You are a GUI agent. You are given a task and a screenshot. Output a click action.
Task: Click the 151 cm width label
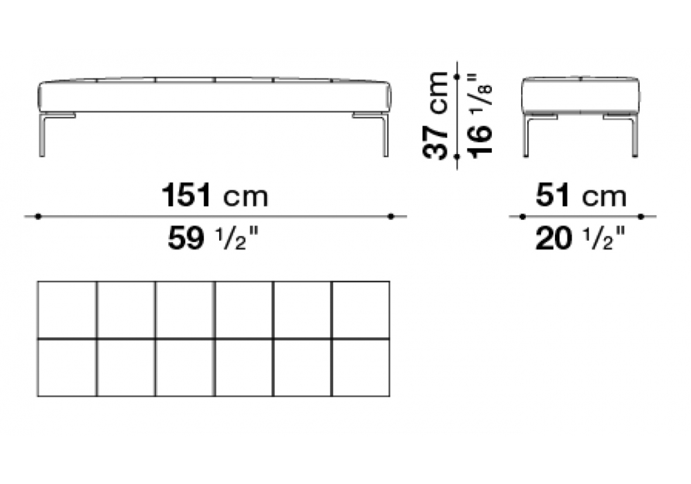tap(215, 196)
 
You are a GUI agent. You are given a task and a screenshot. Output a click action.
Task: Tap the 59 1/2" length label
tap(212, 239)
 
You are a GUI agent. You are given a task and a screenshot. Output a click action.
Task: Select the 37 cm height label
tap(435, 115)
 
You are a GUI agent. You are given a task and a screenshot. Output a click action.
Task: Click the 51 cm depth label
tap(581, 196)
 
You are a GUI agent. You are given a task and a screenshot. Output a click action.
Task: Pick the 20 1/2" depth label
tap(580, 239)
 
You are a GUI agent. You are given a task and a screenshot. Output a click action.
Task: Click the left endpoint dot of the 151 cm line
tap(38, 216)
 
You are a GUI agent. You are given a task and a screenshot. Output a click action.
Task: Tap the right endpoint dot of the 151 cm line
tap(391, 216)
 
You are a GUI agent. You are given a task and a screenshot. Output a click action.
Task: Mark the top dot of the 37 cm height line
tap(457, 77)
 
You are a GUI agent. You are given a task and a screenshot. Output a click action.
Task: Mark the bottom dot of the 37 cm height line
tap(457, 156)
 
